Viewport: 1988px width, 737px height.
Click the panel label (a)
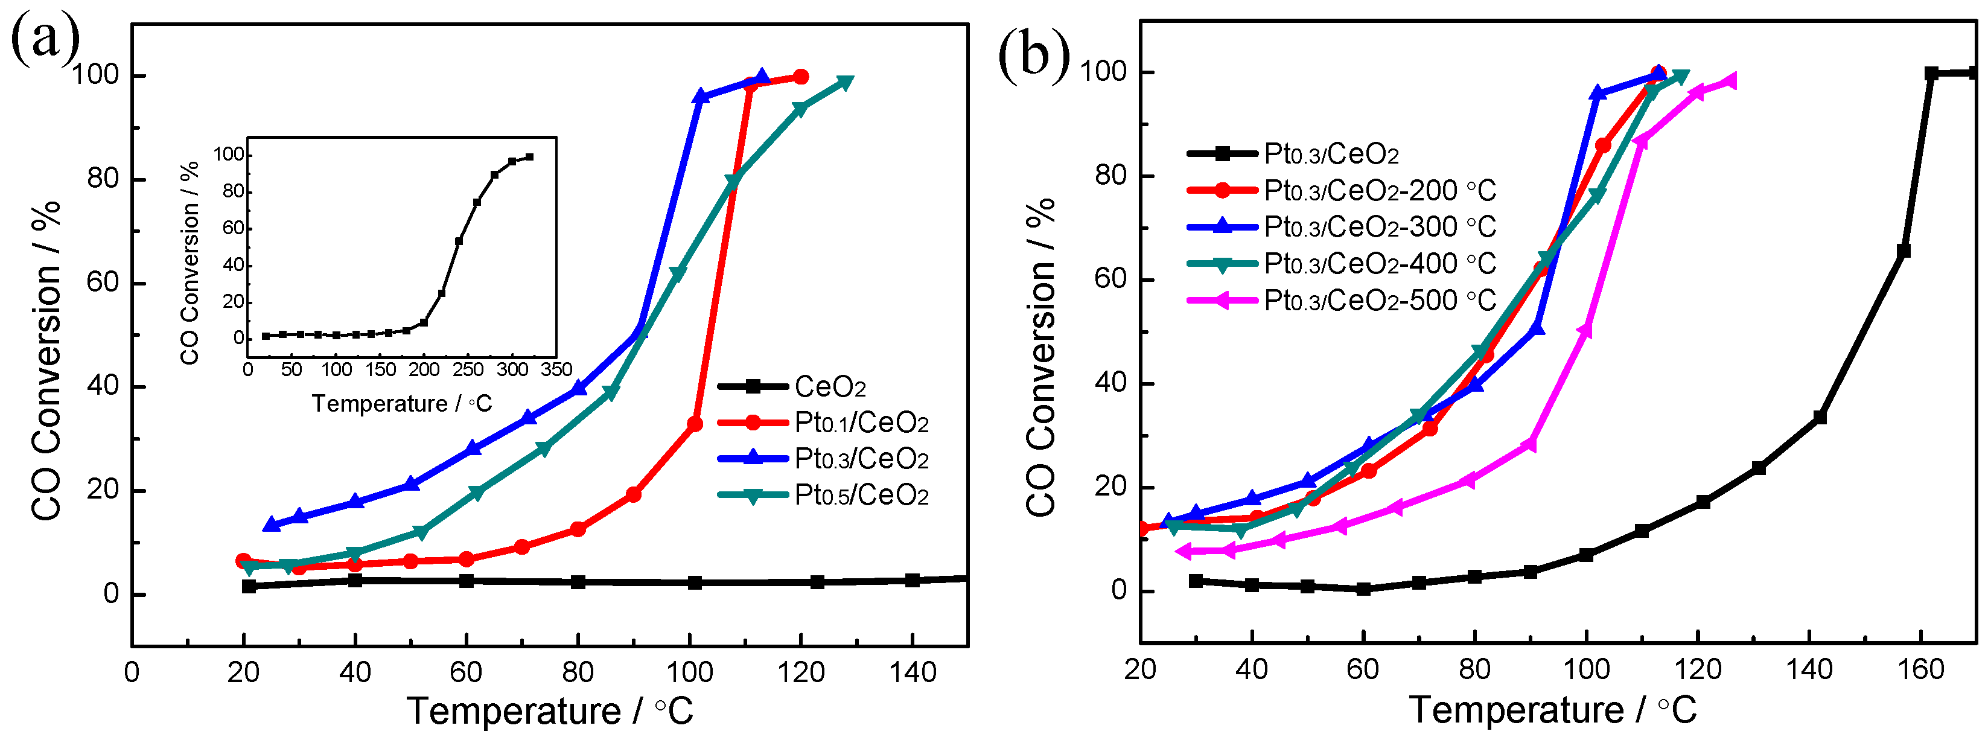pos(45,39)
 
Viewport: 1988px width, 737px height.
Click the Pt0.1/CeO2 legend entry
pos(861,423)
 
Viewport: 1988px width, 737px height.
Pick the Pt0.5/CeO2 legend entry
pos(861,496)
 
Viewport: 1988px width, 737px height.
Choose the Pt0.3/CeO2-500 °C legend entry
pos(1379,300)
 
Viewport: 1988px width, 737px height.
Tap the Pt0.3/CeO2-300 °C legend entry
pos(1379,227)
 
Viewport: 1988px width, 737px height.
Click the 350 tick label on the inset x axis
pos(556,369)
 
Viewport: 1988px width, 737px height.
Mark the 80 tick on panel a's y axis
pos(102,179)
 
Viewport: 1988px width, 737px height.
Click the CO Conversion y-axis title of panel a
pos(46,360)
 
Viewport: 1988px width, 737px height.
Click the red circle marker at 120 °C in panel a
pos(801,77)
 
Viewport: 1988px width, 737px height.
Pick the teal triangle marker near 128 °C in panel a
pos(845,83)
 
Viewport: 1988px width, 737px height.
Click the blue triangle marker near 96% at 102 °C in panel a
pos(701,97)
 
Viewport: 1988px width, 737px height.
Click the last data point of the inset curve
pos(529,157)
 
